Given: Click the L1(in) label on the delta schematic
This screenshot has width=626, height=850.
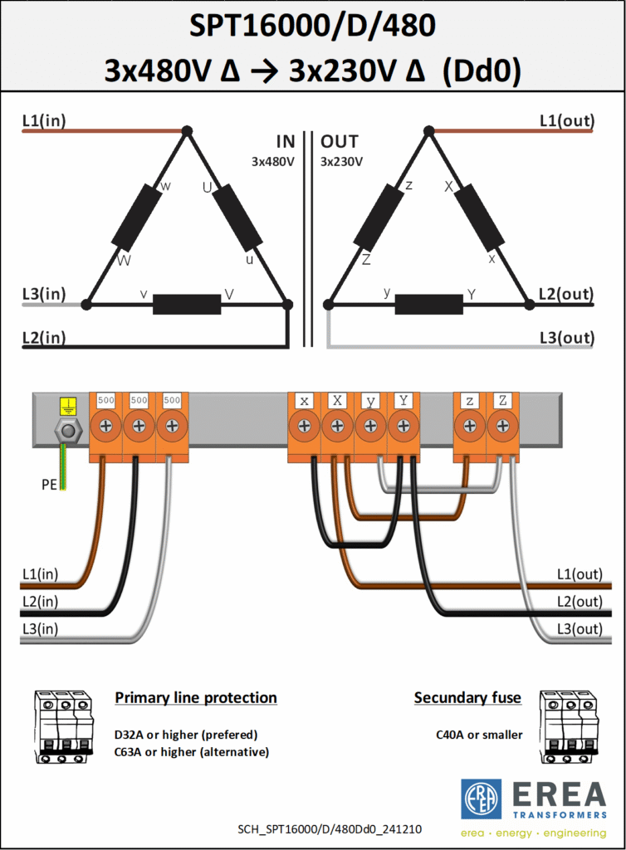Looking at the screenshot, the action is [44, 120].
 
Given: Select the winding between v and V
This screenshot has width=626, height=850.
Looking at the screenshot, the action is [187, 304].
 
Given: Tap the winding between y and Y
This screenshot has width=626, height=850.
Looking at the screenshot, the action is [428, 304].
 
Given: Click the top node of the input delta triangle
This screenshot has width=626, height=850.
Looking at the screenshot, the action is [187, 130].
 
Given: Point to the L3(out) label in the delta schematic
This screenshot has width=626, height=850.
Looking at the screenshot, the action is [567, 338].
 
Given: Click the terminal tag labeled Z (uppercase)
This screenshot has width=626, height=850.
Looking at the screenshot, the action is [502, 401].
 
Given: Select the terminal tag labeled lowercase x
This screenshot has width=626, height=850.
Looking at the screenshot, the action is [304, 401].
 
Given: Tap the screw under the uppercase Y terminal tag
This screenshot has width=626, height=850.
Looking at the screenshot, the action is [403, 426].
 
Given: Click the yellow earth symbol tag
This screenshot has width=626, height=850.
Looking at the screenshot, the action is [68, 406].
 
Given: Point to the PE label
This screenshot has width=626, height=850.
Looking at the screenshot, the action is [49, 484].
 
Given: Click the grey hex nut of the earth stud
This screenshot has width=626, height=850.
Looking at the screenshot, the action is [68, 432].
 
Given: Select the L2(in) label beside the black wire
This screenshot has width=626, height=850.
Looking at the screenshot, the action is [40, 601].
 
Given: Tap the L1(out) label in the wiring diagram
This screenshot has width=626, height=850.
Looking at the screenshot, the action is [580, 574].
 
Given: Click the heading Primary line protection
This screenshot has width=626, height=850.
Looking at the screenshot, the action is [196, 697].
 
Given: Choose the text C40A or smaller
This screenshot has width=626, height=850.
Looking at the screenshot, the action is [479, 735].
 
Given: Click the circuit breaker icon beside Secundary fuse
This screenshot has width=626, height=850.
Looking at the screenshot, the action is [569, 727].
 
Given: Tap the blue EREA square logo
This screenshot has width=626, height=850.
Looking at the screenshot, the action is [481, 799].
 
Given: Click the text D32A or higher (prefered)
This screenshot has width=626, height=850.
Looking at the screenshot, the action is [186, 735].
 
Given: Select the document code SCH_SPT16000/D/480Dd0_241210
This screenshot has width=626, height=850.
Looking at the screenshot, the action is [330, 829].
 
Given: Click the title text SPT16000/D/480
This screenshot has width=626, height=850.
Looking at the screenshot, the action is [312, 26].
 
